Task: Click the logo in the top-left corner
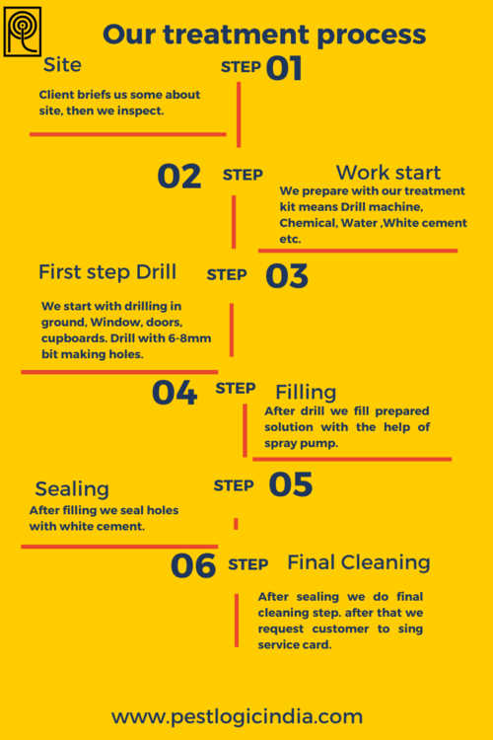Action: click(22, 32)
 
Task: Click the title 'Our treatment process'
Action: click(264, 35)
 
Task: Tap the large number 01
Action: click(284, 68)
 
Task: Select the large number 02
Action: click(179, 177)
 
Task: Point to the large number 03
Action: click(287, 276)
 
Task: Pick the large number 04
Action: click(175, 393)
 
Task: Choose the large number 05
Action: click(291, 484)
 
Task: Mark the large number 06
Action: click(193, 566)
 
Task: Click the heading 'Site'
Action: click(62, 65)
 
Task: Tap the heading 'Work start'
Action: click(388, 173)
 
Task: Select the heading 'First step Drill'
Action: click(107, 272)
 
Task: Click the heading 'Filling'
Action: click(306, 392)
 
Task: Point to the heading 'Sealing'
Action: click(72, 489)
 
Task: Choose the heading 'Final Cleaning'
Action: click(359, 562)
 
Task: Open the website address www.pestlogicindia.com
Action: click(237, 717)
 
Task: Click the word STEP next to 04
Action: click(236, 389)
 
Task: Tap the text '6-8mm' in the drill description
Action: click(189, 338)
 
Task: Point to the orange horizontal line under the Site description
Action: click(128, 134)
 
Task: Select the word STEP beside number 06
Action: click(248, 564)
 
